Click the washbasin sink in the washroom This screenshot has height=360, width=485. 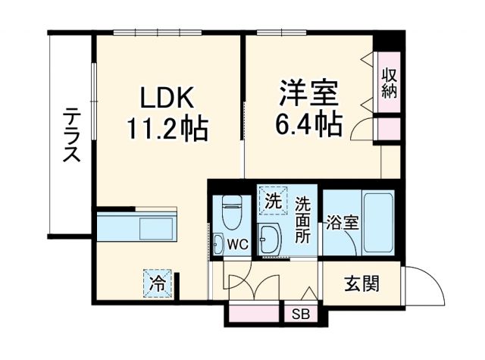click(x=270, y=240)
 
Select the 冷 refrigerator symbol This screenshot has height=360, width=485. click(x=158, y=285)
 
